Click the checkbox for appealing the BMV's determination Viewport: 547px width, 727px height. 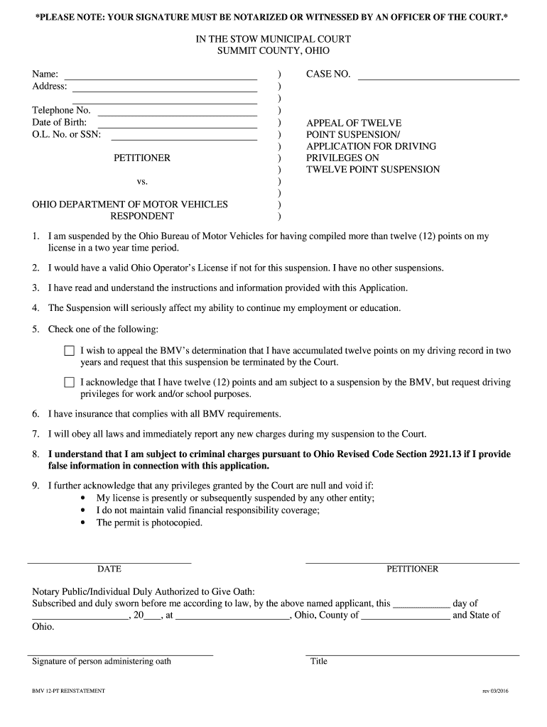click(69, 351)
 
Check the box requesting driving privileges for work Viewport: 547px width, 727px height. click(69, 382)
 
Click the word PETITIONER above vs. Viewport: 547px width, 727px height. click(142, 158)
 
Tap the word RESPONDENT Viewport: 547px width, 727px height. click(142, 216)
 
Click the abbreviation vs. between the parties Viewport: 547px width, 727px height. click(142, 181)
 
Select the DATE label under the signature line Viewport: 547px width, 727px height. click(109, 569)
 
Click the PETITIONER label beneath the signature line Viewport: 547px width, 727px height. click(412, 569)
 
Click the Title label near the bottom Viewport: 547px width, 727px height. click(319, 662)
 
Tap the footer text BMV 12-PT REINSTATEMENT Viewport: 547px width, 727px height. click(68, 691)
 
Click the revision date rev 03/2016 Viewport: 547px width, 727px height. click(500, 691)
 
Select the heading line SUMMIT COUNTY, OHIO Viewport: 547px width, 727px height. click(273, 51)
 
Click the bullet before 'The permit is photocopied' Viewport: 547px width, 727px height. click(85, 523)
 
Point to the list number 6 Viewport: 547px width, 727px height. click(35, 413)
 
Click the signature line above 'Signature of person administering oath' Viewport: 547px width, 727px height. click(120, 655)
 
